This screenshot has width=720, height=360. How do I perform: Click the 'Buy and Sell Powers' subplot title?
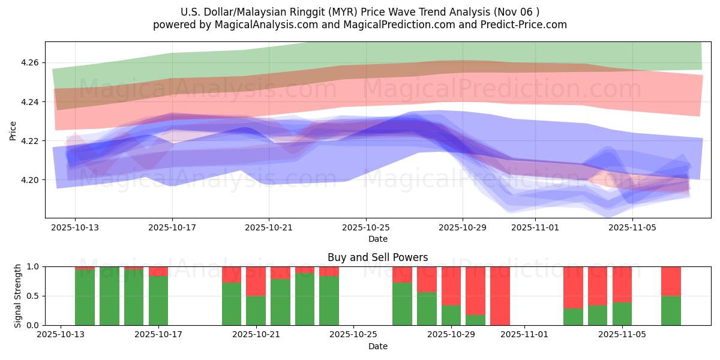pos(377,257)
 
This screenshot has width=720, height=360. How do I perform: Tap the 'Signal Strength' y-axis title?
pos(18,296)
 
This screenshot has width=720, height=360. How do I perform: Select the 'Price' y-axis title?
pos(13,130)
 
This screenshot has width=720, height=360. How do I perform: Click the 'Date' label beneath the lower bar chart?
pos(377,346)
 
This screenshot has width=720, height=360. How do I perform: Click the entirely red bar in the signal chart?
pos(500,296)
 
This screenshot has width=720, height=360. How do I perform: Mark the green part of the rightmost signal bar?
pos(671,311)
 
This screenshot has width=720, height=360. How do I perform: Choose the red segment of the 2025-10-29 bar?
pos(451,286)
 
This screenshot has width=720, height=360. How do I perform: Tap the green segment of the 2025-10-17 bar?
pos(158,301)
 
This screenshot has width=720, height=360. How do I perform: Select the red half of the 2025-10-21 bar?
pos(256,281)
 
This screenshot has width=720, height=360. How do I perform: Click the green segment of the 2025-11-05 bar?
pos(622,314)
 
